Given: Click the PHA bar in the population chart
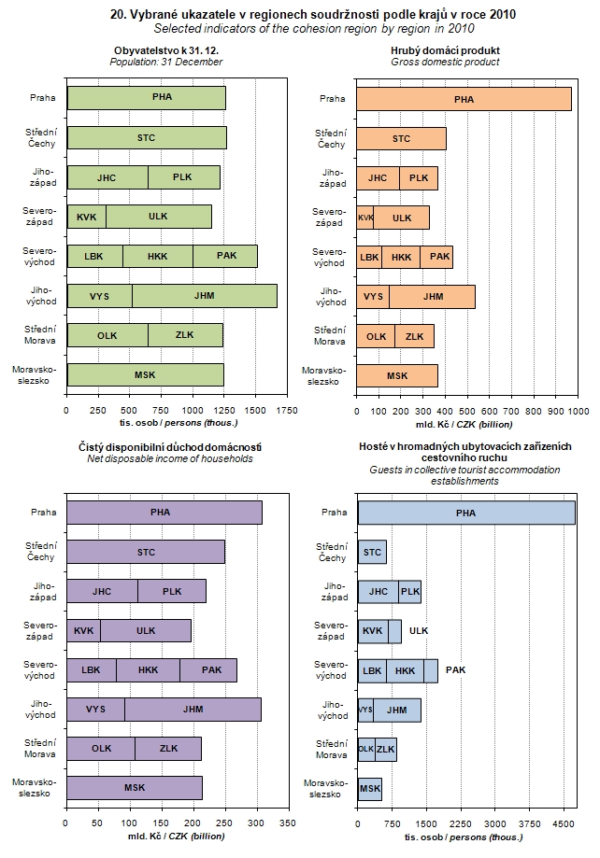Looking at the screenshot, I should click(x=146, y=98).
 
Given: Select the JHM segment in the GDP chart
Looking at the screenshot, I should click(x=432, y=297).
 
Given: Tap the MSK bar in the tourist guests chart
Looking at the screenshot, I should click(x=370, y=789).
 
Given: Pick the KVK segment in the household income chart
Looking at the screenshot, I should click(x=83, y=630).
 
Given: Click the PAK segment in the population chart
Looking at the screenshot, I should click(x=225, y=256).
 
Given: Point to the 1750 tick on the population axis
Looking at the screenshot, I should click(x=287, y=408).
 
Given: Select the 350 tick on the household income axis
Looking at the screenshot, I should click(x=288, y=824).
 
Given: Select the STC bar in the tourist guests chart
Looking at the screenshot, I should click(x=372, y=553).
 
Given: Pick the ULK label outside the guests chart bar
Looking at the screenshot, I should click(x=419, y=630).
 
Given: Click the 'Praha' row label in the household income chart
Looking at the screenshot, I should click(x=43, y=512).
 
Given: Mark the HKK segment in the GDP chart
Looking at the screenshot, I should click(x=401, y=257).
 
